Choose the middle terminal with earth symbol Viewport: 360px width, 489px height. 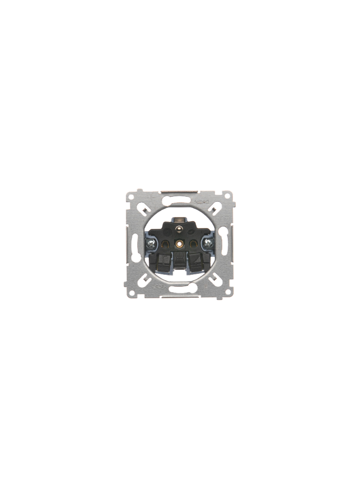point(180,261)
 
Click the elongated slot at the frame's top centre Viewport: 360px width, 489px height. point(180,199)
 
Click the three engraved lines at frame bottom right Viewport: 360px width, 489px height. point(205,285)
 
